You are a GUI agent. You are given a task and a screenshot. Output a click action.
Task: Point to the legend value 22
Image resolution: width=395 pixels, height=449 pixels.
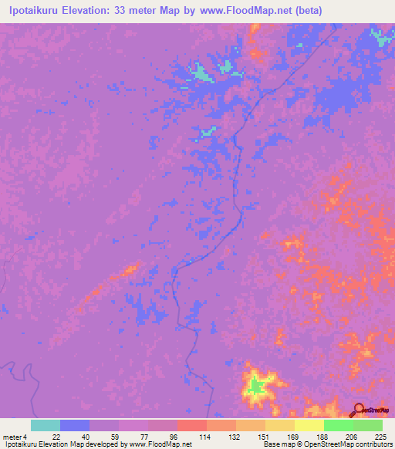point(46,436)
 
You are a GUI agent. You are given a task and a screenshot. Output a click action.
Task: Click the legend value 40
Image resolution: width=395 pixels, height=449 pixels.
point(75,436)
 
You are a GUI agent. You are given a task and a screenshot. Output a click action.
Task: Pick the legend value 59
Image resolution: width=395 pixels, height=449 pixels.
point(104,436)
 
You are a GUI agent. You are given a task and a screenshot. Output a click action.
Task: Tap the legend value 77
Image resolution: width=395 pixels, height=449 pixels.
point(133,436)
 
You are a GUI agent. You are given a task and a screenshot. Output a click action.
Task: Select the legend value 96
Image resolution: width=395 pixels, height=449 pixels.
point(163,436)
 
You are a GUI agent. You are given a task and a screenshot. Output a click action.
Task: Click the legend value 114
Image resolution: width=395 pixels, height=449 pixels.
point(192,436)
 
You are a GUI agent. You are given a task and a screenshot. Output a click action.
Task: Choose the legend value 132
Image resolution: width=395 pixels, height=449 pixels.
point(221,436)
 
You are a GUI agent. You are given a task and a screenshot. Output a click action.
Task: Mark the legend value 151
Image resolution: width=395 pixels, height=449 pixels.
point(251,436)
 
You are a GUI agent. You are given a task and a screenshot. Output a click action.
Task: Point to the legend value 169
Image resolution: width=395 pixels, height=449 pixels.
point(280,436)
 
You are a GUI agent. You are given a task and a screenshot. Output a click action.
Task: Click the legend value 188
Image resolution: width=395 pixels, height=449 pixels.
point(309,436)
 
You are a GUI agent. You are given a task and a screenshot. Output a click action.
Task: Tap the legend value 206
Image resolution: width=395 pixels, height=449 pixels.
point(339,436)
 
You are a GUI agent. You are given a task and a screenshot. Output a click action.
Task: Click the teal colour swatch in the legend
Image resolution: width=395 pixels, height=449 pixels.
point(46,425)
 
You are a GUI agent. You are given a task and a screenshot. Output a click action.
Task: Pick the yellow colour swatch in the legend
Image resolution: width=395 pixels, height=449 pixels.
point(309,425)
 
